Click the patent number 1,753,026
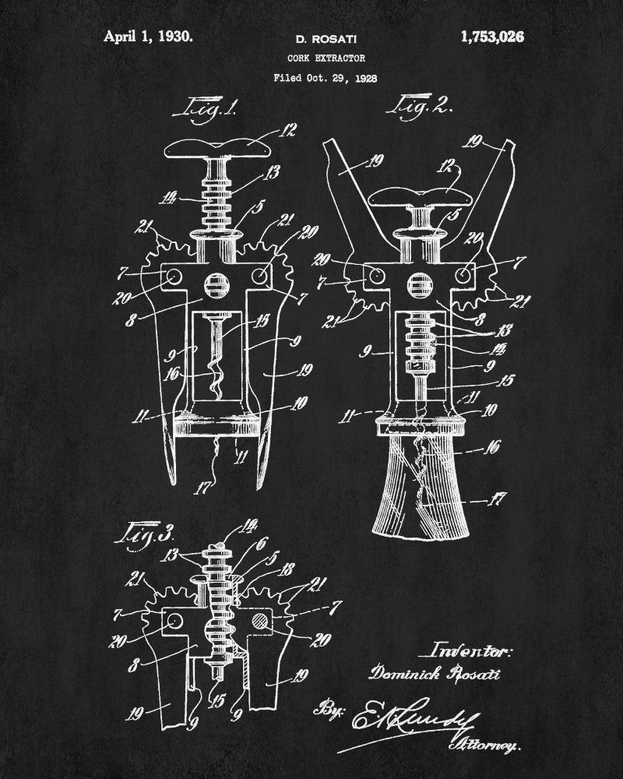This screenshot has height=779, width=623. click(x=492, y=36)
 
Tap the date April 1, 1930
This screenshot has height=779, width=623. click(x=148, y=36)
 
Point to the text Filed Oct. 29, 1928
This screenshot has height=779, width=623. click(x=319, y=78)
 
